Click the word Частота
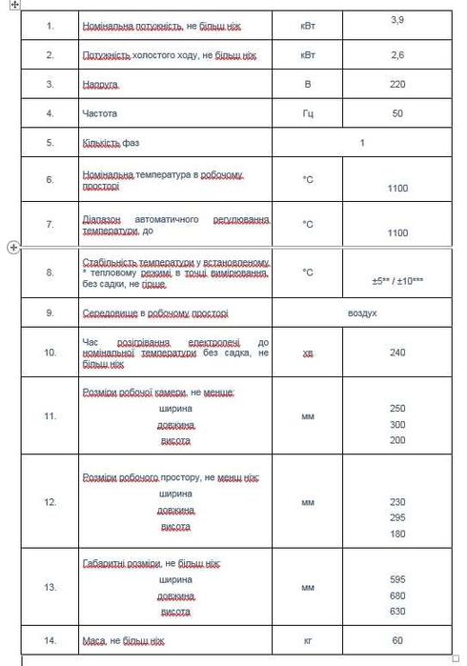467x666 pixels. pos(100,114)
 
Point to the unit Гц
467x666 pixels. pos(307,114)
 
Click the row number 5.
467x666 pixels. pos(51,143)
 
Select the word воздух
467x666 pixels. pos(362,313)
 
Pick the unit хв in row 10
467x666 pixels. pos(307,353)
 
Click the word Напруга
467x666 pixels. pos(101,85)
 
